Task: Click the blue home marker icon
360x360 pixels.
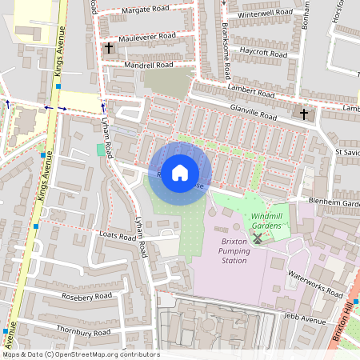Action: point(180,173)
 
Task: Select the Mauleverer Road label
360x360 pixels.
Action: point(146,37)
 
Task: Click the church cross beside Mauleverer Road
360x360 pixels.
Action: point(109,48)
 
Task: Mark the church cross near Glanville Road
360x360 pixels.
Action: point(303,114)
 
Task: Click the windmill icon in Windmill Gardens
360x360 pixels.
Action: point(258,238)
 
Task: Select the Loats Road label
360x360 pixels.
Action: point(117,237)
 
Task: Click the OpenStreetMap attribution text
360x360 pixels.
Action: point(80,354)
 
